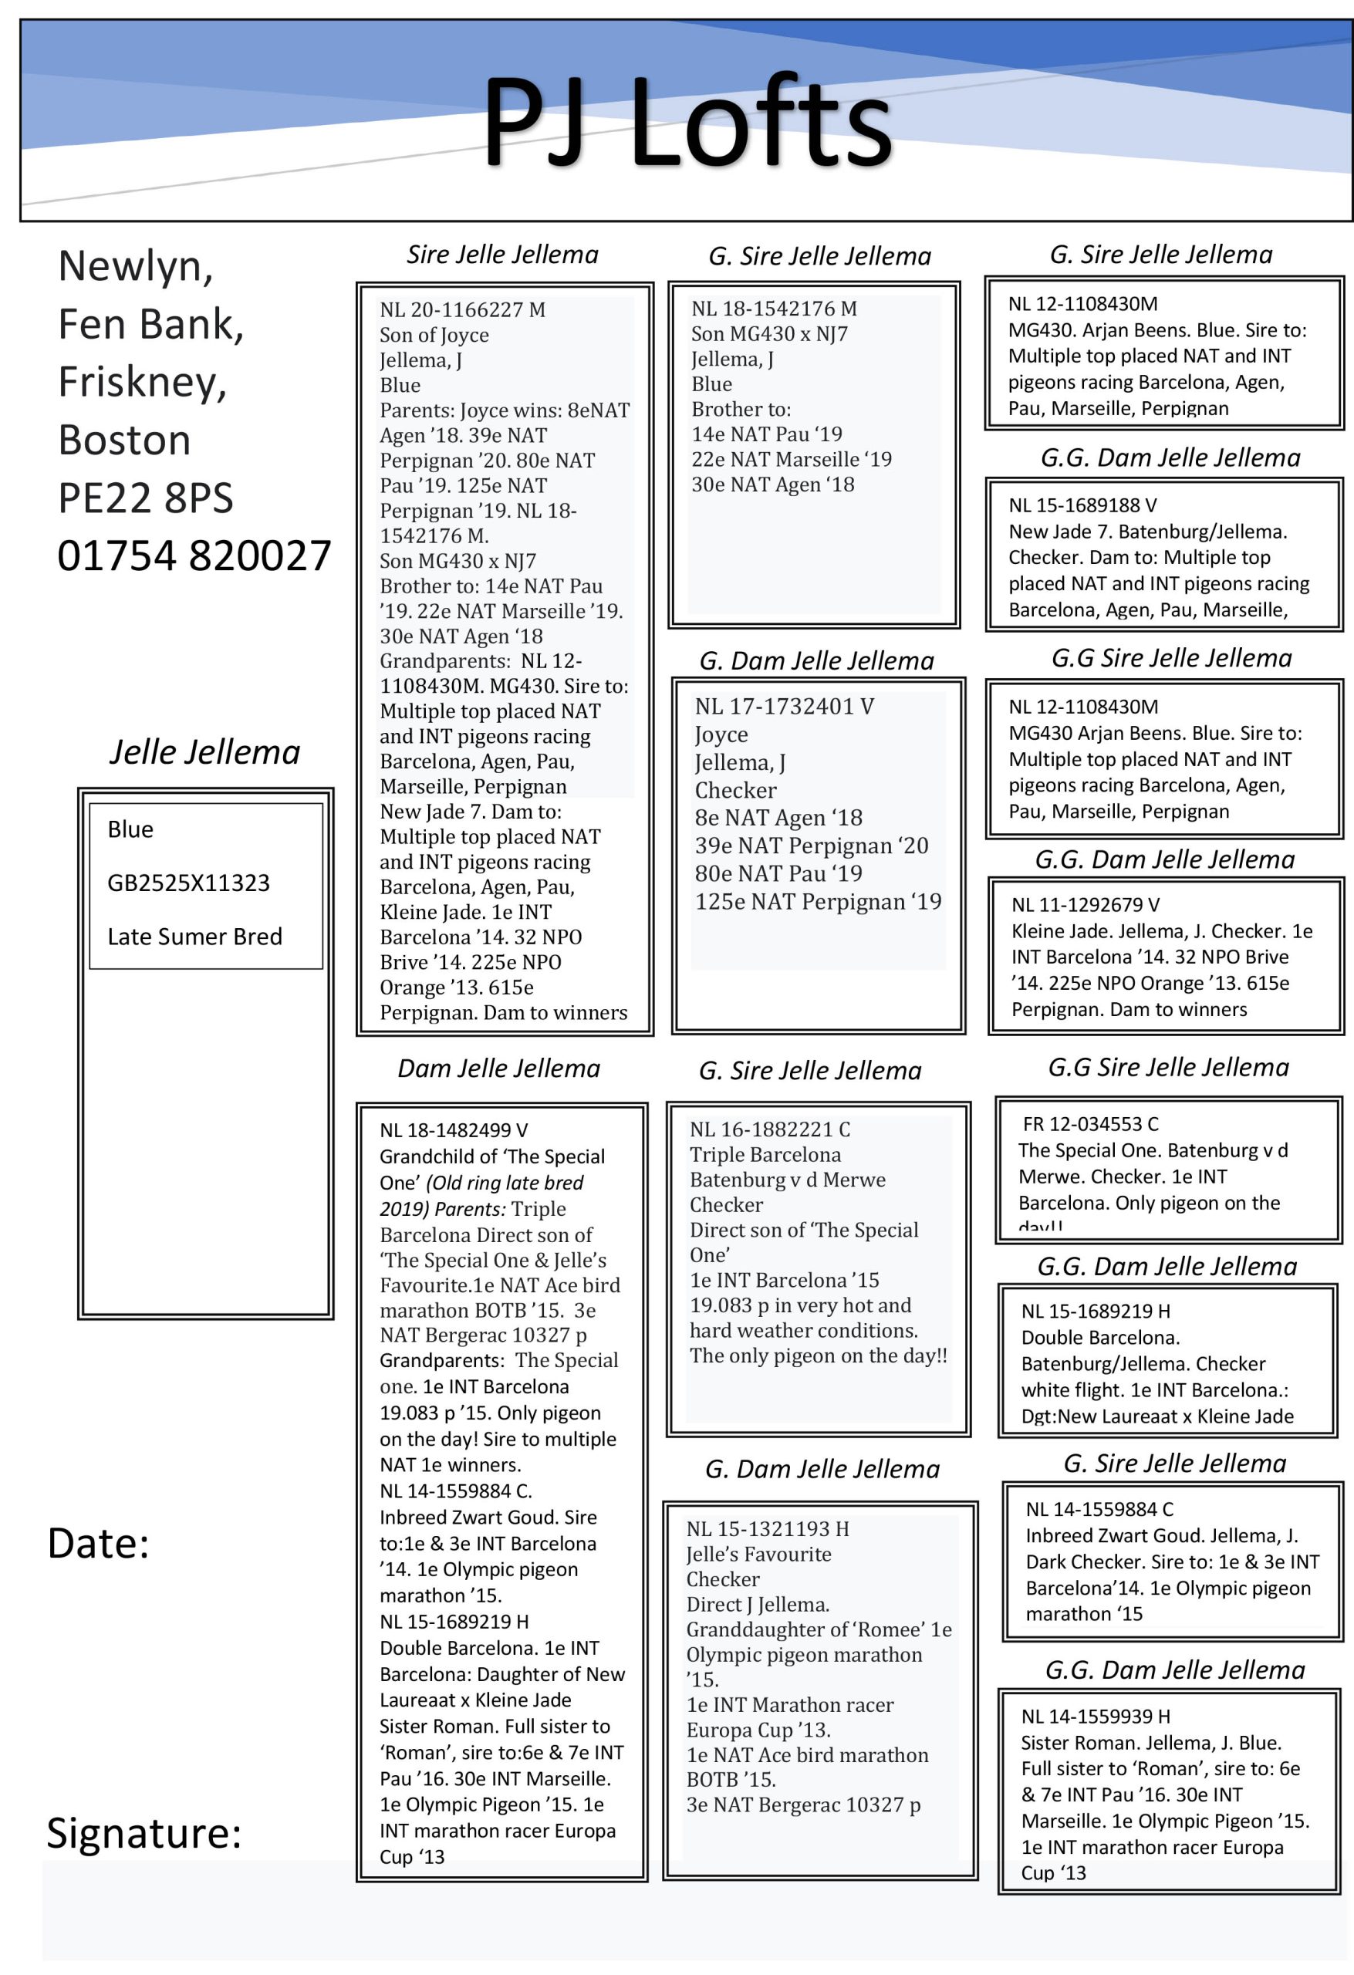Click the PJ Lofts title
[687, 122]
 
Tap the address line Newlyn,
[135, 266]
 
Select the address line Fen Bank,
[150, 324]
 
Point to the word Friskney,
[142, 382]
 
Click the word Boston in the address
[124, 440]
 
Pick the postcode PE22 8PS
[145, 498]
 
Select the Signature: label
[144, 1833]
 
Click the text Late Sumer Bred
[194, 937]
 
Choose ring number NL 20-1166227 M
[462, 309]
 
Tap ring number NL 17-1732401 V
[784, 706]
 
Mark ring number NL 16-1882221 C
[769, 1129]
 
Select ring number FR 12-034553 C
[1090, 1124]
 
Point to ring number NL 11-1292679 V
[1086, 905]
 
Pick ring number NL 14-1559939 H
[1096, 1717]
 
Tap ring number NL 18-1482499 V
[453, 1130]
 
